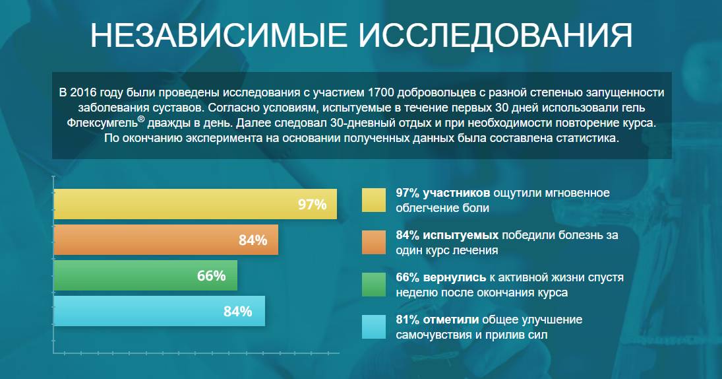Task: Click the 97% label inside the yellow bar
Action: pos(313,204)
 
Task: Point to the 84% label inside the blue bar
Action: pos(238,311)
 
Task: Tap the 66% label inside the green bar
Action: pos(211,275)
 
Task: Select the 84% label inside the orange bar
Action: pos(253,240)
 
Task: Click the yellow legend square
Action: pos(373,200)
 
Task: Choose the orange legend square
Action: pos(373,242)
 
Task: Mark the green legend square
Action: pos(373,284)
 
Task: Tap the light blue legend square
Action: pos(373,326)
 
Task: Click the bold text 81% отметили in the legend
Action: pos(436,320)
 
